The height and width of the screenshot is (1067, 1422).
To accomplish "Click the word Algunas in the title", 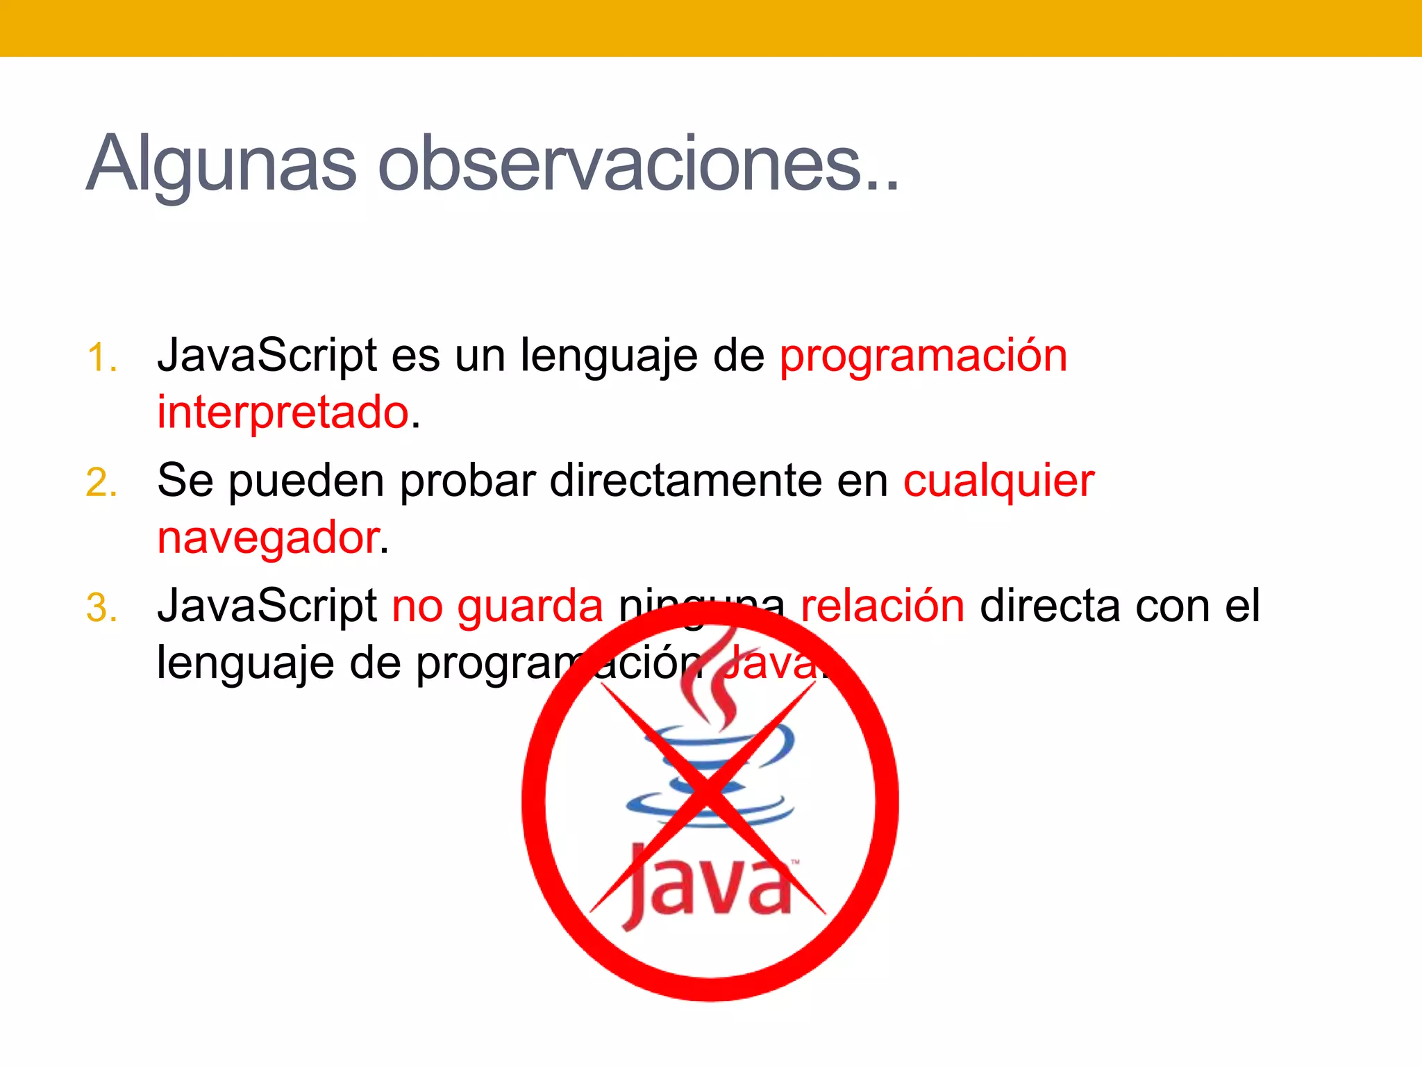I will click(x=221, y=164).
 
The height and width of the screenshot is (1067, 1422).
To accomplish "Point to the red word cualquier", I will click(x=998, y=481).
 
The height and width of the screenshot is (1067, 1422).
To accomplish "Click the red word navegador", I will click(x=268, y=538).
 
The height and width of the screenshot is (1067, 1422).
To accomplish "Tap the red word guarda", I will click(x=530, y=606).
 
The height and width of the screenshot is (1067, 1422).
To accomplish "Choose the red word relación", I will click(x=883, y=606).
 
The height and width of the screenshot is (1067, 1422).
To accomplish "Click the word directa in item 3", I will click(x=1050, y=606).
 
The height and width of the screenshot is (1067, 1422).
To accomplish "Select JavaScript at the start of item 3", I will click(x=267, y=606).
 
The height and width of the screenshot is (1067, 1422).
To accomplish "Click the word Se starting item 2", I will click(x=185, y=481).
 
